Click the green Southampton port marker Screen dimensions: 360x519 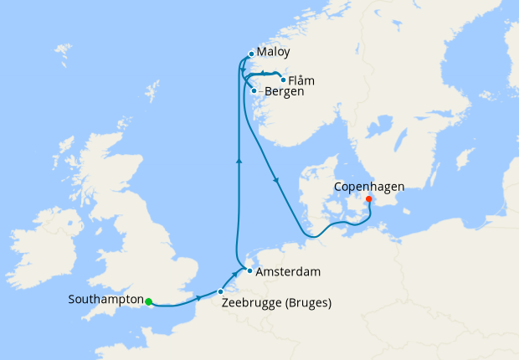148,302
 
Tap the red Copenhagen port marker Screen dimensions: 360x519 369,199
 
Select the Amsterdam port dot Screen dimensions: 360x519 249,270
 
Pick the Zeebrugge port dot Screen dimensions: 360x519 220,291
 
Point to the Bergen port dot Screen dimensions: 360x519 254,90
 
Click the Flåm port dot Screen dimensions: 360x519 283,80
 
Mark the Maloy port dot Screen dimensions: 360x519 251,54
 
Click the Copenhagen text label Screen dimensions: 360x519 371,186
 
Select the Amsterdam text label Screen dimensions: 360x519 289,272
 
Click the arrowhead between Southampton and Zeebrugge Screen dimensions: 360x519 198,299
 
